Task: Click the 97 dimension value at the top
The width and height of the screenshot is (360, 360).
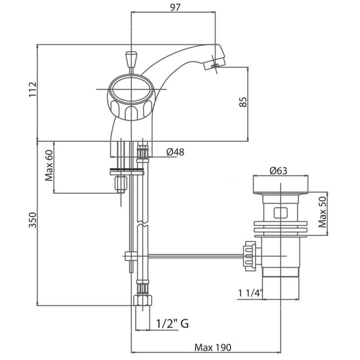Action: pyautogui.click(x=175, y=7)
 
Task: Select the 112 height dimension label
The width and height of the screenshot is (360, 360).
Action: pyautogui.click(x=32, y=89)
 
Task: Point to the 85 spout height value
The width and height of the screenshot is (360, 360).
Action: pyautogui.click(x=243, y=102)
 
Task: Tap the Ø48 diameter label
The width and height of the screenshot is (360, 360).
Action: pyautogui.click(x=175, y=152)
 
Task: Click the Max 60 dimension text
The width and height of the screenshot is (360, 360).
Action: pyautogui.click(x=49, y=165)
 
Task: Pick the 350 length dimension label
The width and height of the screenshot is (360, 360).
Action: pyautogui.click(x=32, y=220)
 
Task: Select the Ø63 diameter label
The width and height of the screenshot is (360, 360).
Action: pyautogui.click(x=278, y=171)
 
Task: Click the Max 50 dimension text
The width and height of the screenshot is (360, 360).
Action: pyautogui.click(x=322, y=212)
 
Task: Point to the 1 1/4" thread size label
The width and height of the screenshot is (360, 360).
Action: pyautogui.click(x=250, y=293)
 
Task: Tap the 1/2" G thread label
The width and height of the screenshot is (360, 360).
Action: pyautogui.click(x=172, y=324)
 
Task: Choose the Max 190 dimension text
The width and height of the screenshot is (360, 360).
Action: pyautogui.click(x=213, y=347)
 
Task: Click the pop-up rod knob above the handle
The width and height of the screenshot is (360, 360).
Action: pyautogui.click(x=131, y=60)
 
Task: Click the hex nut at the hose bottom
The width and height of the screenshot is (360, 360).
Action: pyautogui.click(x=143, y=300)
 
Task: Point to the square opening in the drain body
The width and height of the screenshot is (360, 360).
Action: pyautogui.click(x=281, y=212)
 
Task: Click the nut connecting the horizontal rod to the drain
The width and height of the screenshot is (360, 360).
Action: pyautogui.click(x=250, y=256)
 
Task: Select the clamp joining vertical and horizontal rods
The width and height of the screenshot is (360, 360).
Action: pyautogui.click(x=131, y=256)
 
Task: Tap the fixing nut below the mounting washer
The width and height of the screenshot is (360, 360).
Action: pyautogui.click(x=121, y=184)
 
